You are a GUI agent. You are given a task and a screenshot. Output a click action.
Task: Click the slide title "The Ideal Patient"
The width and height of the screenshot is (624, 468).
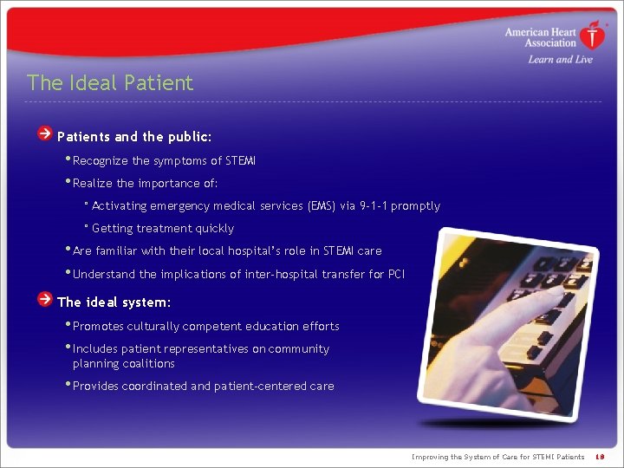(110, 83)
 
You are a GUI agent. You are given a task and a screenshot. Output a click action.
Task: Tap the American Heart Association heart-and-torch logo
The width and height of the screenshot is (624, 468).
(593, 36)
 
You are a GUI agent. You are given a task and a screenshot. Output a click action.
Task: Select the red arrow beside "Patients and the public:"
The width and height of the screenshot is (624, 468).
(44, 134)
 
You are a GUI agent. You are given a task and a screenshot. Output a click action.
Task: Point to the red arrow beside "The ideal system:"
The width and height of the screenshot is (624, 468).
(44, 300)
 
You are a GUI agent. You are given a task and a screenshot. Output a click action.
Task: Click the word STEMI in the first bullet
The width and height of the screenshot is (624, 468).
(240, 160)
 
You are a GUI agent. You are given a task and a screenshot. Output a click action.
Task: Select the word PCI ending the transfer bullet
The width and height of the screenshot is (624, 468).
(394, 275)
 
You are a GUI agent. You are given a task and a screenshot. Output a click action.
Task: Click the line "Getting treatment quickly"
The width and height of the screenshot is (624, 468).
(162, 229)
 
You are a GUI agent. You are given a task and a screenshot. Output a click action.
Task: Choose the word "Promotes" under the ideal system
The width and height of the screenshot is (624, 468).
(99, 327)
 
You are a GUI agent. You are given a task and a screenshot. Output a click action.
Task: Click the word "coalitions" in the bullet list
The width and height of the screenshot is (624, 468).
(148, 364)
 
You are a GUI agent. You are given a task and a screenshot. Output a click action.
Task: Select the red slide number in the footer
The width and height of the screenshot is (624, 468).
(601, 457)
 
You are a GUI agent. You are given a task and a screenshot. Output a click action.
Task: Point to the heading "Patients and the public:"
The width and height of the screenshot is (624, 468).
(134, 137)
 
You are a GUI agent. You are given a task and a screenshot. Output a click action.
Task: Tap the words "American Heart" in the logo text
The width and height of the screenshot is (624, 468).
(541, 32)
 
